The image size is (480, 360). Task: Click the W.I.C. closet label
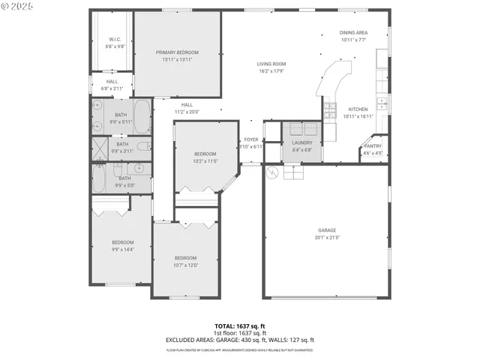pyautogui.click(x=115, y=39)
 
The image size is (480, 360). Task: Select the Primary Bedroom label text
pyautogui.click(x=177, y=52)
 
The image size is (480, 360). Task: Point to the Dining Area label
pyautogui.click(x=353, y=33)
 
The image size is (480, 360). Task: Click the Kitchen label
pyautogui.click(x=358, y=109)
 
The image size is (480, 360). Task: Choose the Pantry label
pyautogui.click(x=373, y=146)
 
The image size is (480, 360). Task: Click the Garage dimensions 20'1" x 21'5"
pyautogui.click(x=328, y=237)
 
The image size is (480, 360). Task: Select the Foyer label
pyautogui.click(x=250, y=139)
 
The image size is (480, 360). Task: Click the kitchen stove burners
pyautogui.click(x=330, y=112)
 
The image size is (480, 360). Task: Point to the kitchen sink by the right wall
pyautogui.click(x=382, y=103)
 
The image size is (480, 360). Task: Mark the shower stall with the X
pyautogui.click(x=100, y=145)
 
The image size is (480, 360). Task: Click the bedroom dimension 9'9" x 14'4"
pyautogui.click(x=122, y=249)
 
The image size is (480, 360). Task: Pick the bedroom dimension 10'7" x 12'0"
pyautogui.click(x=184, y=265)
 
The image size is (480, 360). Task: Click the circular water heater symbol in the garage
pyautogui.click(x=274, y=172)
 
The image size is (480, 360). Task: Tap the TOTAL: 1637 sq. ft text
pyautogui.click(x=240, y=326)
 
